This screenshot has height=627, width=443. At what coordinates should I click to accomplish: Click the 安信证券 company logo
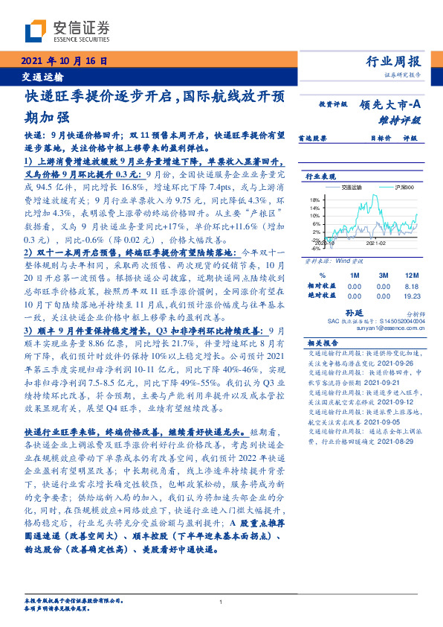pyautogui.click(x=68, y=32)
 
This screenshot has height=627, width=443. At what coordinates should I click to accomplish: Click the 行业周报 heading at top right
pyautogui.click(x=394, y=62)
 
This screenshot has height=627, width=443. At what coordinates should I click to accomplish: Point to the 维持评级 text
pyautogui.click(x=401, y=118)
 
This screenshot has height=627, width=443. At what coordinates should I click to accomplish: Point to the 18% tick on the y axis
pyautogui.click(x=315, y=200)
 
